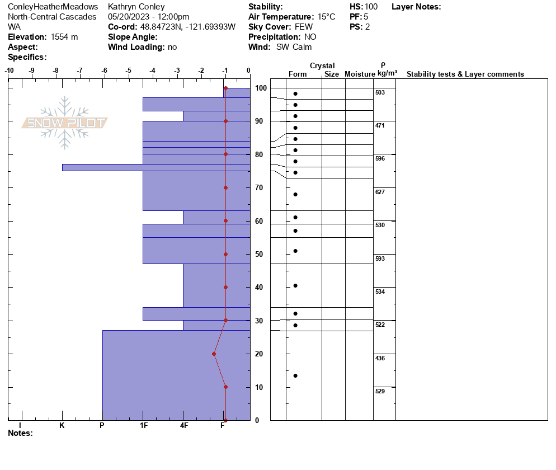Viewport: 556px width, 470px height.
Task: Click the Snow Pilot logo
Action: click(x=65, y=123)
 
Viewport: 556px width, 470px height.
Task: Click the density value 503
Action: click(x=380, y=92)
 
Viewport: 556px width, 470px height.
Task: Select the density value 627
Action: click(x=380, y=192)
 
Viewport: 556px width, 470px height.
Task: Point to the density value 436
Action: click(x=380, y=358)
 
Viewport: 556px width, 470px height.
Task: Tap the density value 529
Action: click(x=380, y=391)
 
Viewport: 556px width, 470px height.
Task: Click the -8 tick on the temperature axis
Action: click(x=56, y=70)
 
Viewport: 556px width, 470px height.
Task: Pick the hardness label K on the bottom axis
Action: click(x=62, y=426)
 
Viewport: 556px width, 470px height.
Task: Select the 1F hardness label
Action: click(x=143, y=426)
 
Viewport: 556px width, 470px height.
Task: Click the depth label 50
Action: click(x=260, y=255)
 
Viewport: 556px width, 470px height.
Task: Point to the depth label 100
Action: click(x=261, y=88)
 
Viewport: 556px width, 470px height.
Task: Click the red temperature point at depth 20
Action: click(x=214, y=354)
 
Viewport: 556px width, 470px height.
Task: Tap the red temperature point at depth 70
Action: click(x=225, y=187)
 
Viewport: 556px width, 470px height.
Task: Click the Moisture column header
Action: click(x=359, y=74)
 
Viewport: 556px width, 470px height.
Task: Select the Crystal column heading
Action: click(x=322, y=66)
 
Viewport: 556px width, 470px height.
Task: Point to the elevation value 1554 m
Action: click(x=64, y=37)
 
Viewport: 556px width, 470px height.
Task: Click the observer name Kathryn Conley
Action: click(x=136, y=7)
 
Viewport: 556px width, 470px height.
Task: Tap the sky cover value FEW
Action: click(x=304, y=27)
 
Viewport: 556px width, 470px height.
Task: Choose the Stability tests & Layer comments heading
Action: click(x=465, y=74)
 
